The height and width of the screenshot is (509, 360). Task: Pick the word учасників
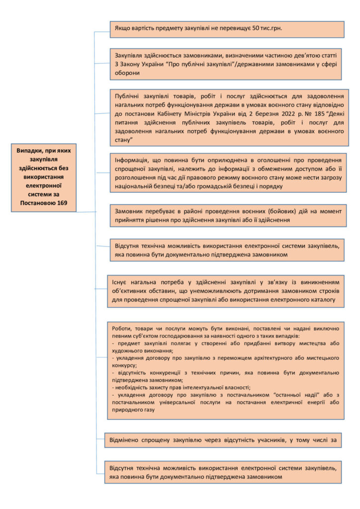coord(264,439)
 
